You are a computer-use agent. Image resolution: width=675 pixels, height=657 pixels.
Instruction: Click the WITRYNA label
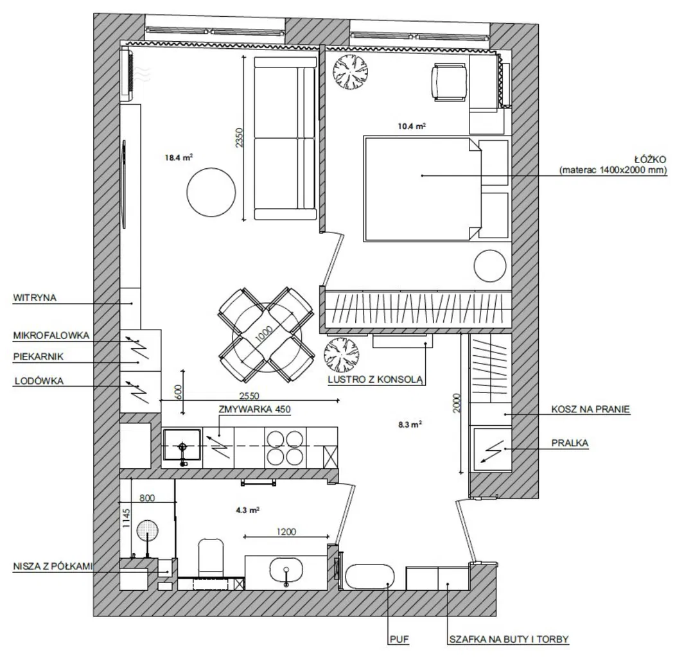click(x=35, y=297)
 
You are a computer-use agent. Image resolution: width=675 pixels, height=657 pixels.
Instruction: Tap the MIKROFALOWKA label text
click(x=51, y=335)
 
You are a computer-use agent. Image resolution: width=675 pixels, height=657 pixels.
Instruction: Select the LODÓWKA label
click(x=39, y=381)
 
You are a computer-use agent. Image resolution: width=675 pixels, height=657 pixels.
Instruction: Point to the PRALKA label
click(x=570, y=443)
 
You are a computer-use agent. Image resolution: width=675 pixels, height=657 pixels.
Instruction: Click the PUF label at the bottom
click(x=399, y=640)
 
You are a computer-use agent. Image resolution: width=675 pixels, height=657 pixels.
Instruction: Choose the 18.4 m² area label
click(x=178, y=157)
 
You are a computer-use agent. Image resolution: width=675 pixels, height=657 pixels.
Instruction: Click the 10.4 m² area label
click(x=412, y=126)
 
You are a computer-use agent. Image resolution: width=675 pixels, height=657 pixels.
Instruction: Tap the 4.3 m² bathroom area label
click(x=247, y=510)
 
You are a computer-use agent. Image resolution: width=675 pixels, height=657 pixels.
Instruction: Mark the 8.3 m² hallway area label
click(x=410, y=425)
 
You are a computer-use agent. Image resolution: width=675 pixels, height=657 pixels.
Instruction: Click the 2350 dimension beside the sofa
click(x=240, y=138)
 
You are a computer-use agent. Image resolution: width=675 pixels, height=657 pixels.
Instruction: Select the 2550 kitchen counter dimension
click(x=249, y=396)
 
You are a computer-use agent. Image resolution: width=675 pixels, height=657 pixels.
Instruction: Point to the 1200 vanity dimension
click(x=286, y=532)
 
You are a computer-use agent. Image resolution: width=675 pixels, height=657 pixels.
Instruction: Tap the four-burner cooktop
click(x=285, y=448)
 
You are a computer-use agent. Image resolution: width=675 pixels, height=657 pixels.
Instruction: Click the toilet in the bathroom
click(x=211, y=557)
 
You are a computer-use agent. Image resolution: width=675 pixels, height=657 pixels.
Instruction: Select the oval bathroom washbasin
click(x=286, y=572)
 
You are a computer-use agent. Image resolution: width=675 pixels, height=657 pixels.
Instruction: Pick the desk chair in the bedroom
click(x=449, y=82)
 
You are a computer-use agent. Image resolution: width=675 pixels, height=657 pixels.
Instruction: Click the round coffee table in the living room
click(x=211, y=192)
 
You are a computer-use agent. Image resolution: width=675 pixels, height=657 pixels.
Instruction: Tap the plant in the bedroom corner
click(x=351, y=72)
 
